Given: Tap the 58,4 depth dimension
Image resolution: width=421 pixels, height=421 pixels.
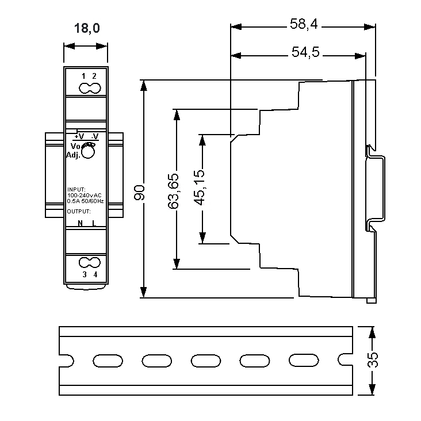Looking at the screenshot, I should (304, 25).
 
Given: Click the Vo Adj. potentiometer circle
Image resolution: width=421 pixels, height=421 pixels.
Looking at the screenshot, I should (89, 152).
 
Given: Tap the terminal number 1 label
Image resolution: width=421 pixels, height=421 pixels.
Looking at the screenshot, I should (84, 76).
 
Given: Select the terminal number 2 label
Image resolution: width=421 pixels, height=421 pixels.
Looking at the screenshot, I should (94, 76).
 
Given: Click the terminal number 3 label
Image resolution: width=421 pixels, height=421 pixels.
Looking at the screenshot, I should (85, 274).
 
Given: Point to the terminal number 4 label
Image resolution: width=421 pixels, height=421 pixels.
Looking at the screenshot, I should (95, 274).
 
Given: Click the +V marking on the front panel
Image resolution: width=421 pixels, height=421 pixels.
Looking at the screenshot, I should (79, 136).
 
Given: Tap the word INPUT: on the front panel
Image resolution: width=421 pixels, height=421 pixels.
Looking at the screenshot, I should (76, 189).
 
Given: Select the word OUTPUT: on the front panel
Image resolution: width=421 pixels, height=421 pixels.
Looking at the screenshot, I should (79, 211).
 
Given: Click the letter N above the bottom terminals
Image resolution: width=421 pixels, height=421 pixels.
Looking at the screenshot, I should (80, 223).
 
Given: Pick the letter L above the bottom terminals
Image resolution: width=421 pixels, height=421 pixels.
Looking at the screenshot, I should (94, 223).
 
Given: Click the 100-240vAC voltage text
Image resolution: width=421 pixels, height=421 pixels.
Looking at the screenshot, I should (85, 196).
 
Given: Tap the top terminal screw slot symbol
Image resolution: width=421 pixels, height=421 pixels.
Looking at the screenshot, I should (89, 89).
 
